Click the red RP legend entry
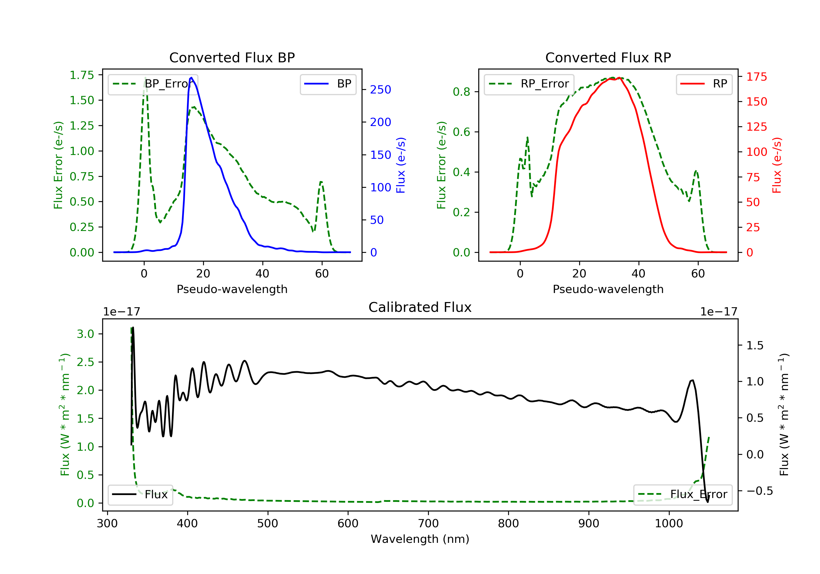704,84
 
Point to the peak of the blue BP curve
191,78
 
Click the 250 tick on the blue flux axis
380,90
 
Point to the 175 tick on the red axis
756,77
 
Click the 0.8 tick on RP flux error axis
461,92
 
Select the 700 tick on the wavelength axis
428,524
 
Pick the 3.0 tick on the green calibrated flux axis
85,334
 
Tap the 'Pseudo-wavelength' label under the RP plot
608,289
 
